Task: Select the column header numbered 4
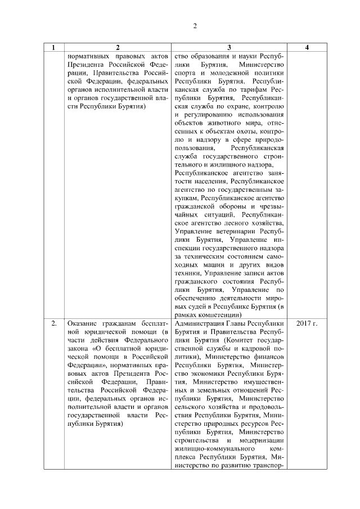[x=307, y=48]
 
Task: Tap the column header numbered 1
[x=53, y=48]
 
